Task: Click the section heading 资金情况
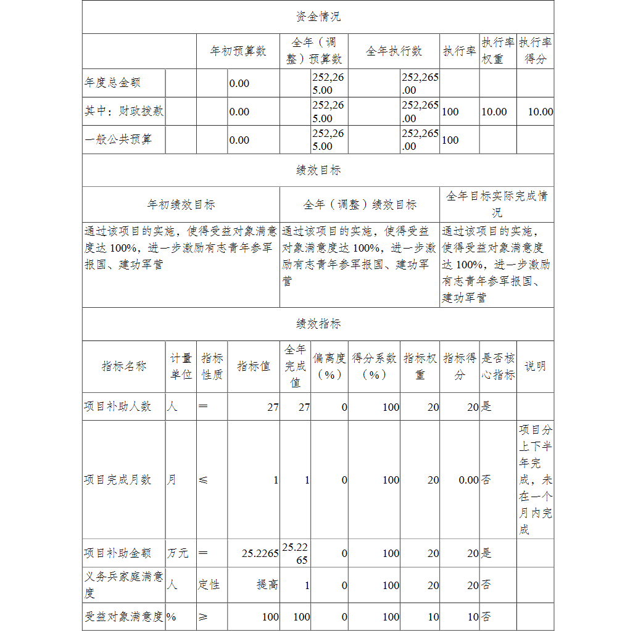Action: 318,17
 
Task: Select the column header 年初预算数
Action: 238,51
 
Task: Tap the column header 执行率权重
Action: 497,51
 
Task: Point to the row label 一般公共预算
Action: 118,140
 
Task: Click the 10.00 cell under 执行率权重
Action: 494,112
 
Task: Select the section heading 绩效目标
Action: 318,170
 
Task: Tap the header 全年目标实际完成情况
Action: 497,204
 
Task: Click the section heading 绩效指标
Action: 318,324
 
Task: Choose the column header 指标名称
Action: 124,366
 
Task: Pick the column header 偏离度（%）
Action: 329,366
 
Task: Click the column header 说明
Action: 535,366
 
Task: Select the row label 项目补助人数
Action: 118,407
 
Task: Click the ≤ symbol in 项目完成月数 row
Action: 203,480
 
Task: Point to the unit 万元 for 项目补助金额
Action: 178,553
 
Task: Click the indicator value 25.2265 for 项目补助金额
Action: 260,553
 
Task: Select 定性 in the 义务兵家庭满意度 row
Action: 209,585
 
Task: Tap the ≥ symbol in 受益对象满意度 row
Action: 203,617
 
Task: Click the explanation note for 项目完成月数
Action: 535,480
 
